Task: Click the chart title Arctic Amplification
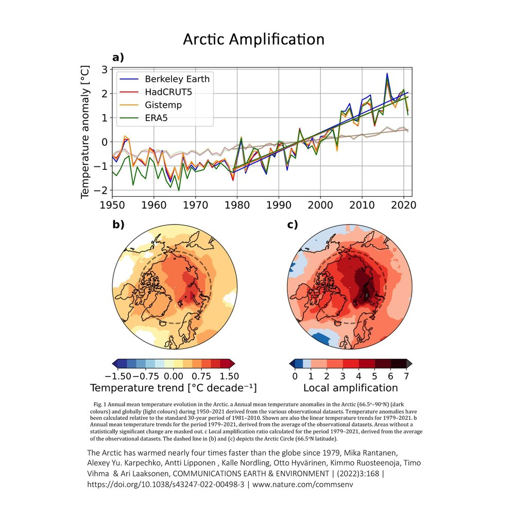254,40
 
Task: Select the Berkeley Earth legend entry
177,79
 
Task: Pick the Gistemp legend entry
163,105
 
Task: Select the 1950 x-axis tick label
112,204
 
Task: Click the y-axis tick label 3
104,70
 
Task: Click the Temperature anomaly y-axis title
85,132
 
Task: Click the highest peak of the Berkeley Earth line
387,74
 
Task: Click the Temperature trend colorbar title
173,387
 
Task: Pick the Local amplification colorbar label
350,387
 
